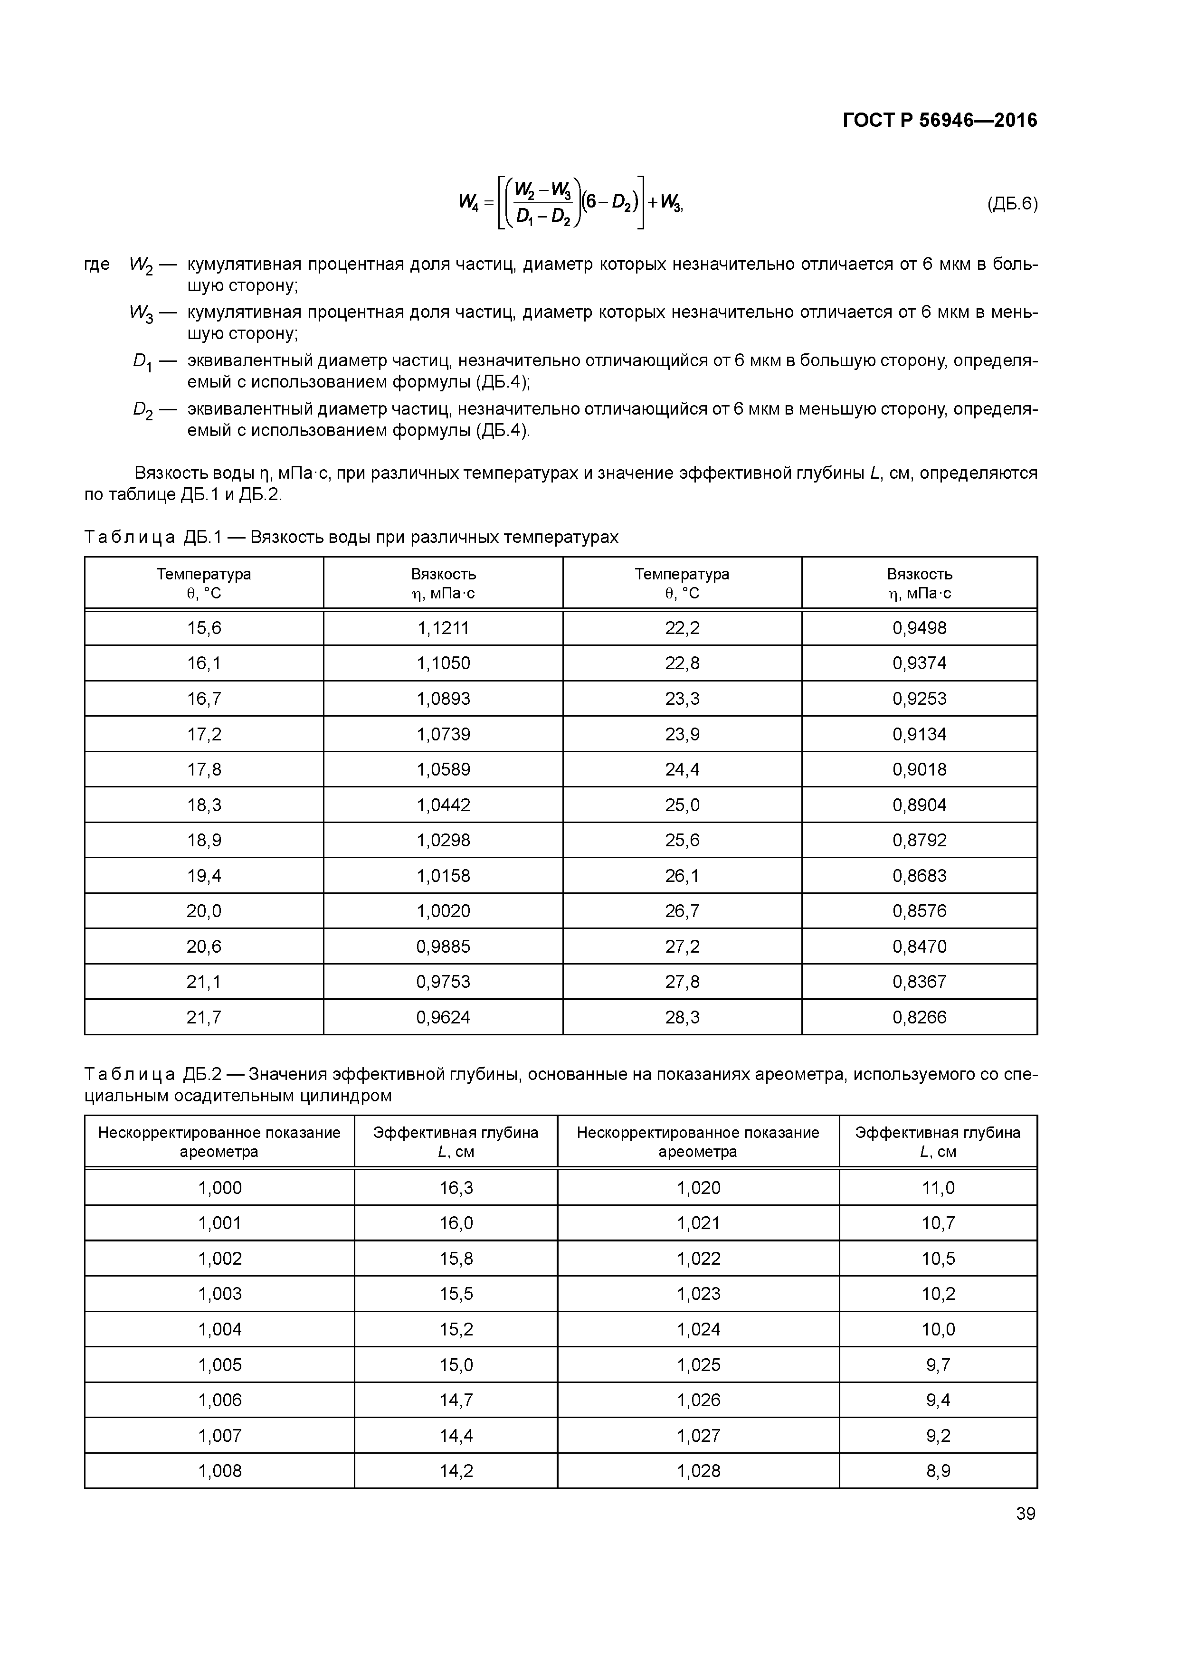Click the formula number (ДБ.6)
tap(1012, 204)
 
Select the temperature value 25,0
tap(682, 805)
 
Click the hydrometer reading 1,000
tap(220, 1188)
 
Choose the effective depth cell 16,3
tap(456, 1188)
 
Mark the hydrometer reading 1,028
tap(698, 1471)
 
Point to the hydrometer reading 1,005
tap(220, 1365)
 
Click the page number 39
tap(1025, 1514)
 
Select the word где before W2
tap(97, 264)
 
